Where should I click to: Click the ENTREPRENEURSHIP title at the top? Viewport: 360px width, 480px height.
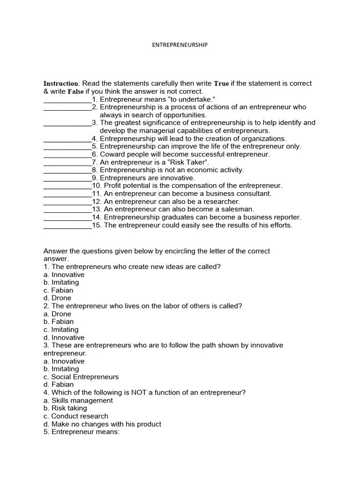(180, 45)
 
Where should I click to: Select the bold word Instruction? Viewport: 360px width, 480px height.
(61, 83)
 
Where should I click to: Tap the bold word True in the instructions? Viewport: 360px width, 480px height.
(221, 83)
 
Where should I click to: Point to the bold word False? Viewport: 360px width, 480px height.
(75, 91)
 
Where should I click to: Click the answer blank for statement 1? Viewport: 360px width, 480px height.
(67, 99)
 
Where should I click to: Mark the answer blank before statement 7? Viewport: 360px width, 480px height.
(67, 162)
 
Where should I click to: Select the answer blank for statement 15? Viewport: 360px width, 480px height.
(67, 225)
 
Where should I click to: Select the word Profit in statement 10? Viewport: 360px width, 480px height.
(113, 186)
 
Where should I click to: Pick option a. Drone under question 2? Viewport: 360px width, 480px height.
(57, 314)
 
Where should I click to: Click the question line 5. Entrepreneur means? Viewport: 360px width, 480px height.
(82, 432)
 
